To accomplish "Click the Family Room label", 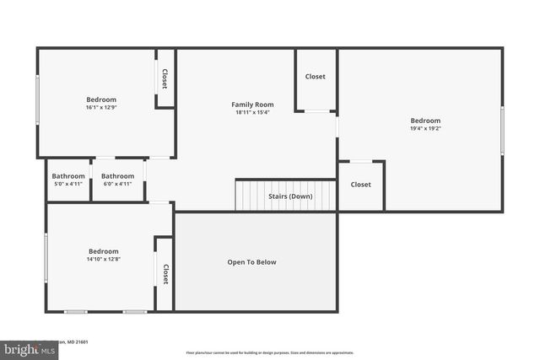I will coord(252,105).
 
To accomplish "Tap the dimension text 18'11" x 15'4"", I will coord(252,112).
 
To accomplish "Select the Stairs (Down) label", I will coord(290,196).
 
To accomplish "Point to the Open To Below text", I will coord(251,262).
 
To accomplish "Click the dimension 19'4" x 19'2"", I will coord(425,129).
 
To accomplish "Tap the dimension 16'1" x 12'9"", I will coord(101,107).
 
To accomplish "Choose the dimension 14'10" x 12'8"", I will coord(104,259).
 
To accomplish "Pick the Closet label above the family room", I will coord(315,77).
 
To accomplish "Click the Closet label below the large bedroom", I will coord(360,185).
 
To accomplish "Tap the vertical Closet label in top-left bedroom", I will coord(165,79).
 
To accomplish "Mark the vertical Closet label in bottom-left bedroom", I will coord(165,275).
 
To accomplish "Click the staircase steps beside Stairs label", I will coord(251,196).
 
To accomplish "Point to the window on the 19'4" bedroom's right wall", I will coord(502,130).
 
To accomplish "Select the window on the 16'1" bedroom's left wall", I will coord(37,101).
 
